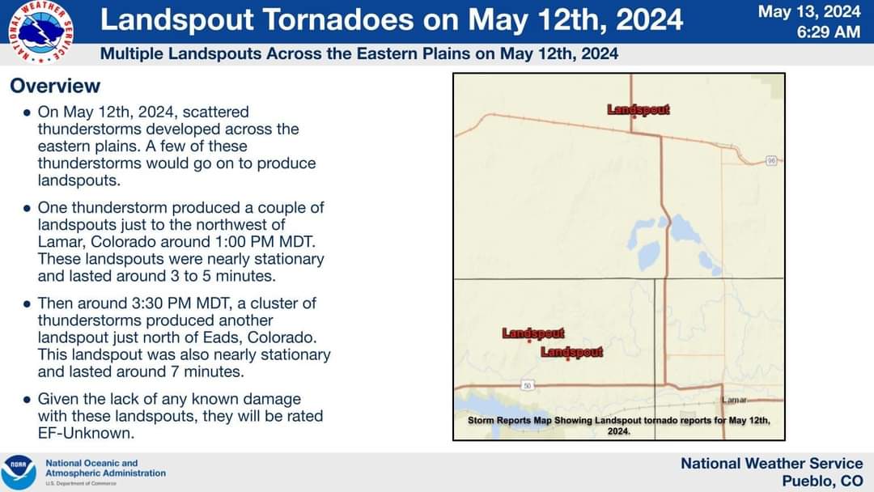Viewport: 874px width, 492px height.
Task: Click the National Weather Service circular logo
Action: (x=40, y=32)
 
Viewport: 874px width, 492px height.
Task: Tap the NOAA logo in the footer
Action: (x=19, y=473)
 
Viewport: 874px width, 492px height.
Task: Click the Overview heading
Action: (x=55, y=86)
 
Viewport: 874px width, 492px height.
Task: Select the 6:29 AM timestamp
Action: (x=829, y=32)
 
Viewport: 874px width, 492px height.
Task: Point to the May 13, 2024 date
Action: (x=809, y=11)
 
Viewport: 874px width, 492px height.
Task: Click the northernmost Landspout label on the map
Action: (x=639, y=109)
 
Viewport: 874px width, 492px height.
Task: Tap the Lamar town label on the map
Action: (x=734, y=400)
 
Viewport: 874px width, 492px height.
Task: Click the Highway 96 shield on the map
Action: (x=771, y=160)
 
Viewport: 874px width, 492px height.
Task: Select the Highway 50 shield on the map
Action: (x=528, y=385)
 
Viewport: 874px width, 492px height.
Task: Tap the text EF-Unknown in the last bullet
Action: (x=86, y=433)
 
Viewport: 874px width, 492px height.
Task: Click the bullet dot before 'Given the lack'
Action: (x=27, y=400)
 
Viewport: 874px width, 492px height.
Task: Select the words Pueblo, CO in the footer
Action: (x=822, y=481)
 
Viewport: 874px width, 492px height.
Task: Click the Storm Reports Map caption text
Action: (x=619, y=425)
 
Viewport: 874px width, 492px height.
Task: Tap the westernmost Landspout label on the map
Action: (x=532, y=333)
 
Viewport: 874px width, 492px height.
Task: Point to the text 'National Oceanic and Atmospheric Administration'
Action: (x=105, y=468)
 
